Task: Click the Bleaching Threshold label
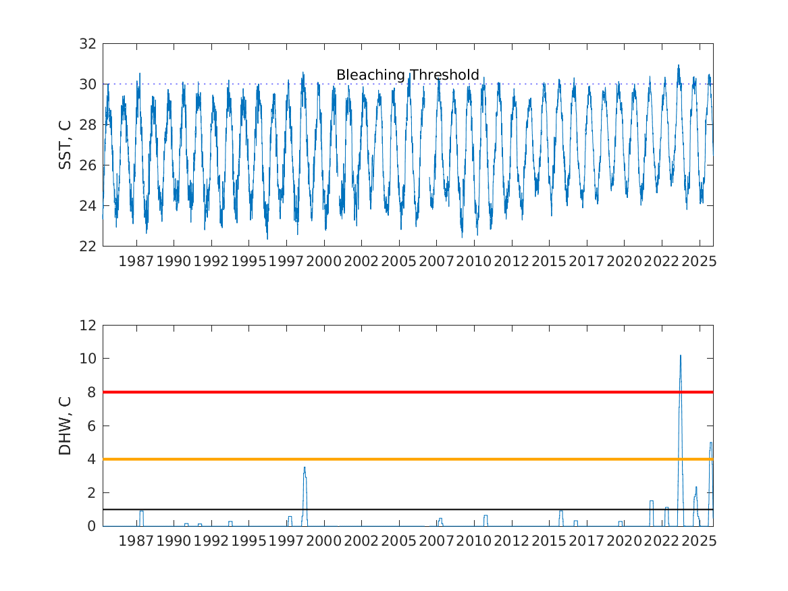pos(407,75)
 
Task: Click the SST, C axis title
pos(65,145)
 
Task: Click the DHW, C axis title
pos(65,426)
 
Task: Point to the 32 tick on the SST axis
pos(89,44)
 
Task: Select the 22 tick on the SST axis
pos(89,246)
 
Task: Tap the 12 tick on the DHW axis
pos(89,326)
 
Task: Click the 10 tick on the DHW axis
pos(89,359)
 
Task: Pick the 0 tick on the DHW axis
pos(93,526)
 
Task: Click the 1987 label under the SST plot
pos(136,261)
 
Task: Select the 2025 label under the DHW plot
pos(698,542)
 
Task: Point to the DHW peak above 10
pos(680,355)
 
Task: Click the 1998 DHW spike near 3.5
pos(305,467)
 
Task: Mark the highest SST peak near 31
pos(679,66)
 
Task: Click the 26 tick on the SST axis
pos(89,165)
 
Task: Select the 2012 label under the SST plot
pos(510,261)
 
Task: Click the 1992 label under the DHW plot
pos(211,542)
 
